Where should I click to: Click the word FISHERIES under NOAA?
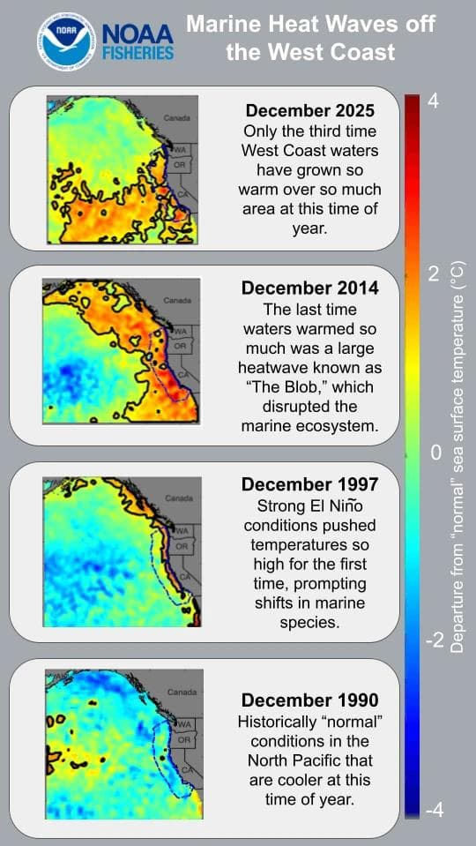pos(138,54)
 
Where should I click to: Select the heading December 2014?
pos(309,288)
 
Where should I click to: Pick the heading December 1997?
pos(309,484)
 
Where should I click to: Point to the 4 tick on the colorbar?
pos(433,101)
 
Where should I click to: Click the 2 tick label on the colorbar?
pos(433,274)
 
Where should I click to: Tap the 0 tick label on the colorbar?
pos(434,453)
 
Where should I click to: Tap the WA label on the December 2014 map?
pos(182,332)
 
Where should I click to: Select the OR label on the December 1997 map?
pos(182,546)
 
